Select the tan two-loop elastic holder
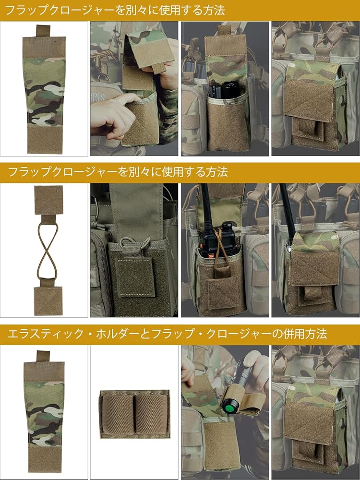click(135, 414)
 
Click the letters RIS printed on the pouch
click(98, 97)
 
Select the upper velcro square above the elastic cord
click(48, 200)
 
